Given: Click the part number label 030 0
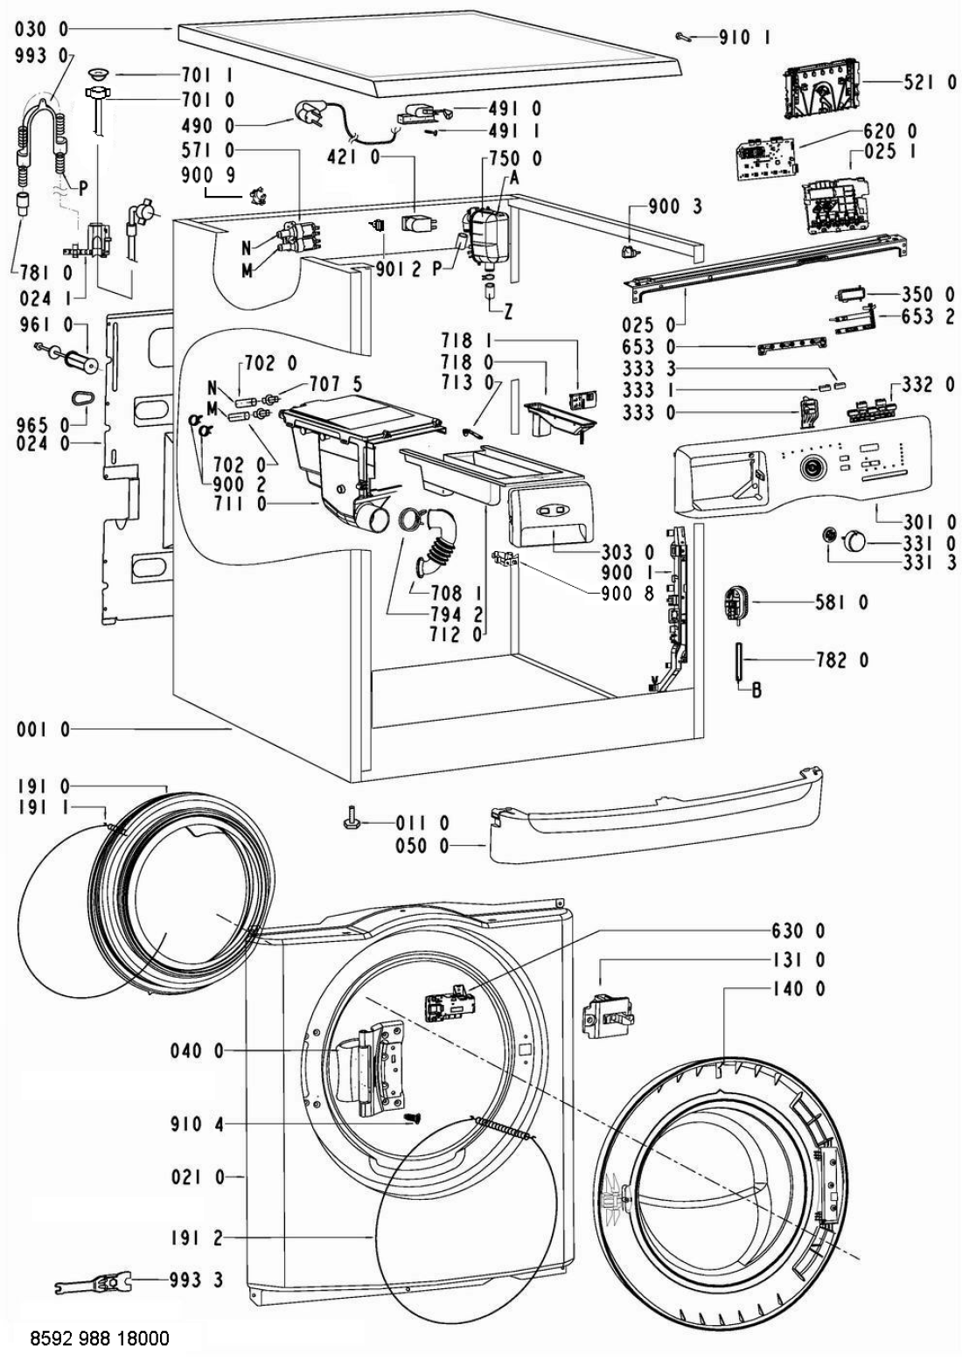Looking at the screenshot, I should [41, 29].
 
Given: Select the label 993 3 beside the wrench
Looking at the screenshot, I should [198, 1280].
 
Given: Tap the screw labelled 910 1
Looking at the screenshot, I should [685, 36].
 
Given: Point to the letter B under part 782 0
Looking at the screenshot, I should [756, 691].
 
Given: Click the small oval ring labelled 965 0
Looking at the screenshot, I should [82, 398].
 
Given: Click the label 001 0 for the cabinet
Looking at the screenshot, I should [41, 729].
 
